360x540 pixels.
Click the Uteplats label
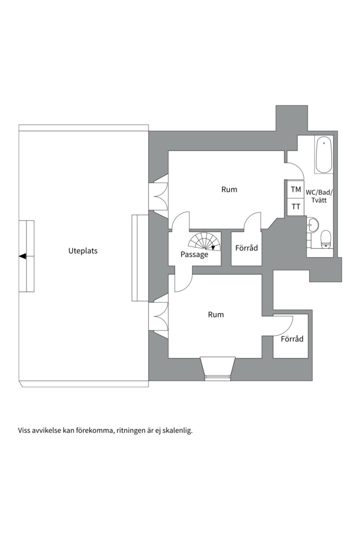point(82,251)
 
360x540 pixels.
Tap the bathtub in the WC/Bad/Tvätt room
point(324,154)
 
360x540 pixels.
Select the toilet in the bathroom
point(325,239)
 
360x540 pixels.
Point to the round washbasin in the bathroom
point(313,225)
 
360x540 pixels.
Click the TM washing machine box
point(295,189)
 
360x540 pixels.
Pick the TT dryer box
point(295,206)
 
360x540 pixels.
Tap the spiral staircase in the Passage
point(204,241)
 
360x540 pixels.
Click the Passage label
point(194,254)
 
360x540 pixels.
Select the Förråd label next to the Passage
point(246,248)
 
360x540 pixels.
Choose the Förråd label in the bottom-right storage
point(292,339)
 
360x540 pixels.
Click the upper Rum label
point(229,189)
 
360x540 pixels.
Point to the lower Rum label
point(215,314)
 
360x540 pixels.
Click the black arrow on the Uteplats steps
point(22,256)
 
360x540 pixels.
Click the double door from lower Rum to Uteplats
point(158,316)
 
